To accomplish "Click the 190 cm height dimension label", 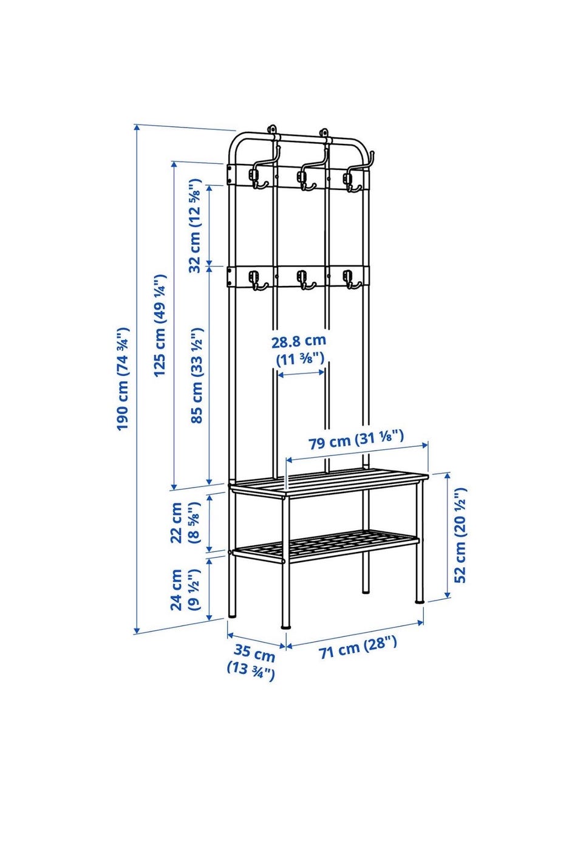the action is tap(123, 378).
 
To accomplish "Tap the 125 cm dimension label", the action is tap(160, 325).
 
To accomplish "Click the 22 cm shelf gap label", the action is tap(185, 523).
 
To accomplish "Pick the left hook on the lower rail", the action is tap(257, 280).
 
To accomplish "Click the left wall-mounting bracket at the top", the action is tap(272, 130).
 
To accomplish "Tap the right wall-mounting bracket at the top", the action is tap(324, 132).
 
